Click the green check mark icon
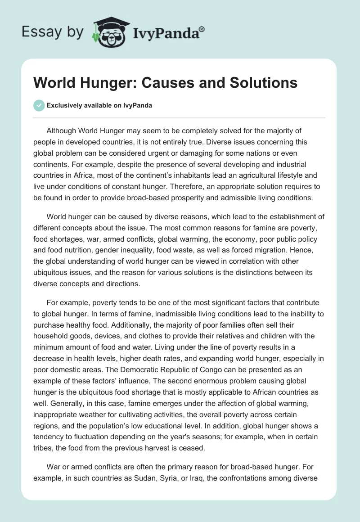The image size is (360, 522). (39, 106)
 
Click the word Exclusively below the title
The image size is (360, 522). (64, 106)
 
